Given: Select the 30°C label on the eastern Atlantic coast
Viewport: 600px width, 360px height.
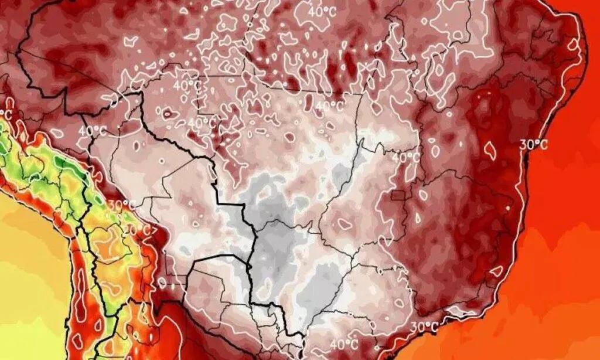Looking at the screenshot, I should tap(534, 145).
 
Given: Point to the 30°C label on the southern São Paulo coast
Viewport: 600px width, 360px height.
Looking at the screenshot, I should tap(425, 327).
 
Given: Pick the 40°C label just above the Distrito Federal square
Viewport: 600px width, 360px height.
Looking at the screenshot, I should tap(406, 158).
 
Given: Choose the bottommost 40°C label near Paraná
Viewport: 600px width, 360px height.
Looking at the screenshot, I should tap(344, 344).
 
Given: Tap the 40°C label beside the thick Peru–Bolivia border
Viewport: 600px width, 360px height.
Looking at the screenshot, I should tap(93, 131).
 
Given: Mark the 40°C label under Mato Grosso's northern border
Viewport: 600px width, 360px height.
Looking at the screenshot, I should tap(329, 107).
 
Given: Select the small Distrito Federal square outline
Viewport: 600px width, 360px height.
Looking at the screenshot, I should tap(399, 196).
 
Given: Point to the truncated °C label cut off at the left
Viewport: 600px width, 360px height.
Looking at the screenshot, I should tap(7, 113).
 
